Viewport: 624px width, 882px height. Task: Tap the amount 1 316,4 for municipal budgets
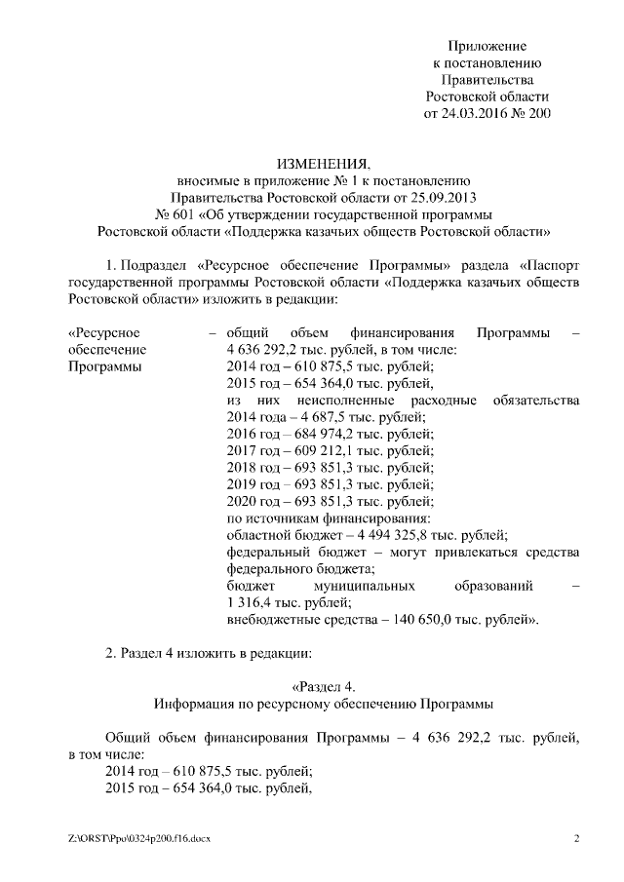pyautogui.click(x=252, y=602)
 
